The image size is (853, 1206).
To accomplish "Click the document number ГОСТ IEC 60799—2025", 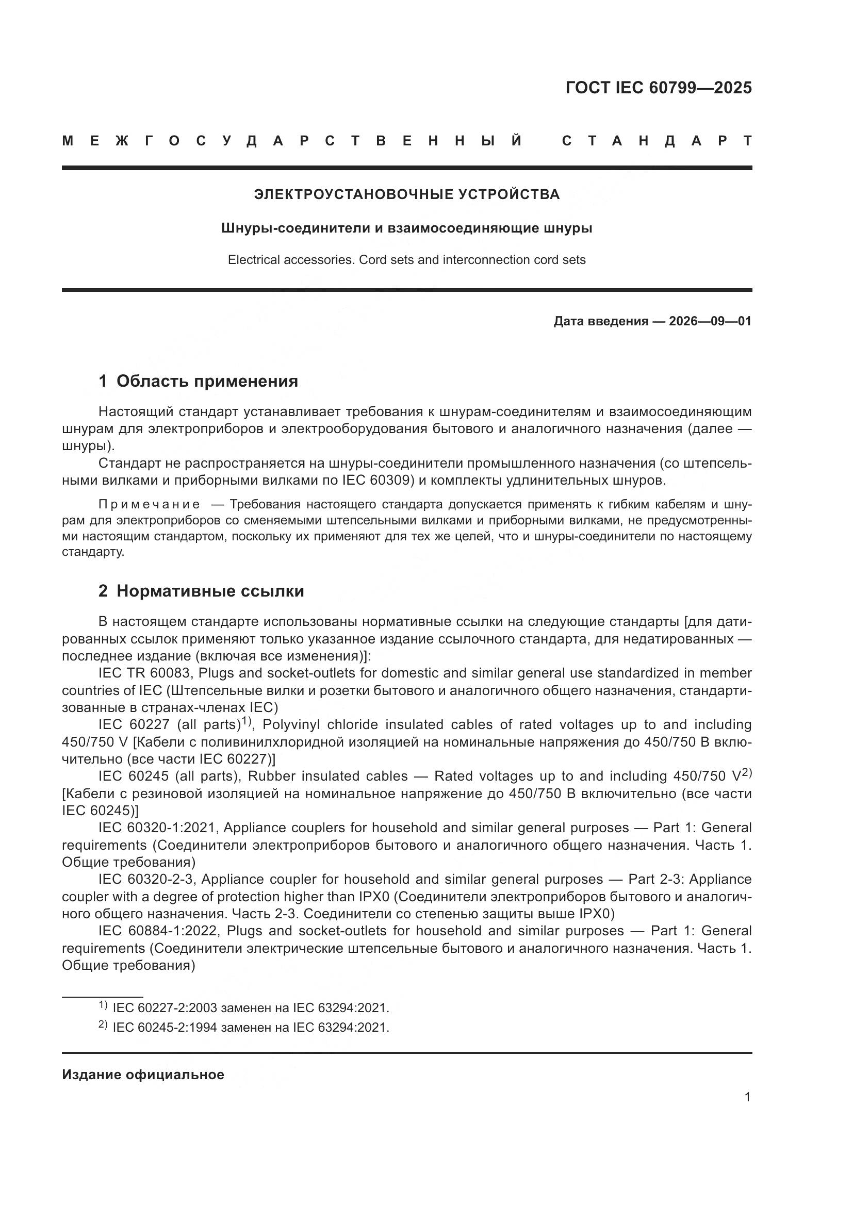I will point(659,88).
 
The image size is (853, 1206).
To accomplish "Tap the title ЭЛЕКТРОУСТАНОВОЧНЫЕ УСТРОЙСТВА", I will point(406,194).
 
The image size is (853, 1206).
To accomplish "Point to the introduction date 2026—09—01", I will point(710,321).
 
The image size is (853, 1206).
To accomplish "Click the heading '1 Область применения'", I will point(198,382).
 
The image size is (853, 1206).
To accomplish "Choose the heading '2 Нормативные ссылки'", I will point(201,591).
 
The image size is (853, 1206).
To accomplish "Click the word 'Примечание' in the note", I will point(149,505).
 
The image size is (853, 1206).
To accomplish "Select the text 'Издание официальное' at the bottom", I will point(143,1075).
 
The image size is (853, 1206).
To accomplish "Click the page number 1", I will point(747,1097).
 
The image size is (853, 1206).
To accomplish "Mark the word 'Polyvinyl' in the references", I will point(290,725).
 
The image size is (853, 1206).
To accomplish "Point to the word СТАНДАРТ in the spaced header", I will point(657,141).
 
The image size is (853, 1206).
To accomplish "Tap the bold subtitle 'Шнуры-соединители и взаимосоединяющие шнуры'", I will point(406,228).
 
